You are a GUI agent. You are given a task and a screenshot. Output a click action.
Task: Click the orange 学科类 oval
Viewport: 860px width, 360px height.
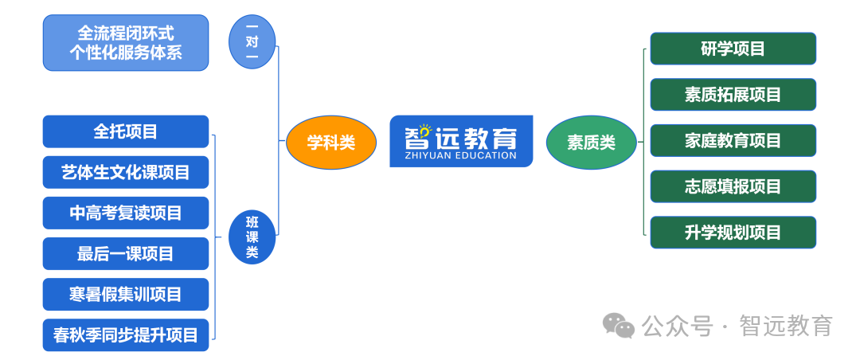[331, 143]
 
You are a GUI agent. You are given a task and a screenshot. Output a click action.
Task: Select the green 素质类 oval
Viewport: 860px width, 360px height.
[591, 143]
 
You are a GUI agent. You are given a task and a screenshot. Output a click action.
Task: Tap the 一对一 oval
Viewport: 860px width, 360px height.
[252, 42]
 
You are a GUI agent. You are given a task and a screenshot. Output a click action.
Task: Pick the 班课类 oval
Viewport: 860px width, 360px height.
[252, 237]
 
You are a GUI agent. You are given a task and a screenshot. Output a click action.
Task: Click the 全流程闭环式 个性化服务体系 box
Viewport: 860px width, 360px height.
[126, 43]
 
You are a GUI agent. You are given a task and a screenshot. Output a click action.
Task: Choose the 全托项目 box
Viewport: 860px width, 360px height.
[126, 131]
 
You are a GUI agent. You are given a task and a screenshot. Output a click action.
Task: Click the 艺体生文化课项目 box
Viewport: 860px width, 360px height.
[126, 172]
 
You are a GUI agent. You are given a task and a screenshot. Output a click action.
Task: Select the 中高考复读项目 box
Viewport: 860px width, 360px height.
[126, 213]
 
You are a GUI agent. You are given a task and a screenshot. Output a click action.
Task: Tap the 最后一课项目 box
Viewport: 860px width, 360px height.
[126, 253]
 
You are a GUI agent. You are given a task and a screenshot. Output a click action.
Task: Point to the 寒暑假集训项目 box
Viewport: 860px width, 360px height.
[126, 294]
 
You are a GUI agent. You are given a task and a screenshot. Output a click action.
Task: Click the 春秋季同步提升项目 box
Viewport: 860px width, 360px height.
[126, 335]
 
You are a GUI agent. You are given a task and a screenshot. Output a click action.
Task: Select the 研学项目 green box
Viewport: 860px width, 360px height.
[733, 49]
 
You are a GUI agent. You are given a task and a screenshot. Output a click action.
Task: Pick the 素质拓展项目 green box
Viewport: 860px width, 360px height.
[733, 95]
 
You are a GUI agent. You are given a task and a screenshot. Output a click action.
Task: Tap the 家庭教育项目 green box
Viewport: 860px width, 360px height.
[733, 140]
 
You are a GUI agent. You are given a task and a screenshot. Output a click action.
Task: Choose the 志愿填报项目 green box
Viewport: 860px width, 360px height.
[733, 186]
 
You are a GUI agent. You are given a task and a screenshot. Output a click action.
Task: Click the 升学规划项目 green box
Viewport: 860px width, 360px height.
[733, 233]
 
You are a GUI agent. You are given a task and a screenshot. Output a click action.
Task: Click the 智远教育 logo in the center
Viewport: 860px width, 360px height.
[461, 141]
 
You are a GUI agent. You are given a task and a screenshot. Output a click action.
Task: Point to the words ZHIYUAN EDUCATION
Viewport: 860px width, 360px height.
[461, 155]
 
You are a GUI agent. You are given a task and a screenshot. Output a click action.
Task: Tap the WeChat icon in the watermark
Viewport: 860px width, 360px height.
[619, 326]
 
